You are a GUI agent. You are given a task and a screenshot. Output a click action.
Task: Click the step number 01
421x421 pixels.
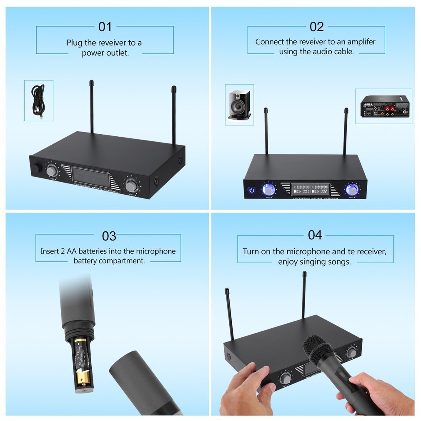tap(105, 27)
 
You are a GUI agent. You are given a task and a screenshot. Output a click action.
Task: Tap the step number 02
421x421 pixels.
tap(316, 27)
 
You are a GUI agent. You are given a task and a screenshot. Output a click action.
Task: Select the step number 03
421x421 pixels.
tap(109, 236)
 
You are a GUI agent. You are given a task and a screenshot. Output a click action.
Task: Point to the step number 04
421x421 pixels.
tap(315, 235)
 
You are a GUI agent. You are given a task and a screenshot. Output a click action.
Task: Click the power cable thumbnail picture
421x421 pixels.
tap(39, 100)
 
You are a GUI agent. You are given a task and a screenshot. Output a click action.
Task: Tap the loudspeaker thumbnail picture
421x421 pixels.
tap(239, 105)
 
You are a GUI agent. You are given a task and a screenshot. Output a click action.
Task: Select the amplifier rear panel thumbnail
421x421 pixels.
tap(384, 106)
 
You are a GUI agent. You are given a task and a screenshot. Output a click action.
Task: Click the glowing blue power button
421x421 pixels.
tap(251, 190)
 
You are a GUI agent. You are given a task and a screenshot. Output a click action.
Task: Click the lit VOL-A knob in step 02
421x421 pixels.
tap(268, 190)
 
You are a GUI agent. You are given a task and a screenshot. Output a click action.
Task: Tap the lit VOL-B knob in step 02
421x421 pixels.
tap(352, 190)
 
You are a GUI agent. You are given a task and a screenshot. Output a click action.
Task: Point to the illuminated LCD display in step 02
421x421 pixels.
tap(310, 189)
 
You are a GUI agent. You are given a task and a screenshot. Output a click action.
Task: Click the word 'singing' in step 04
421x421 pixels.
tap(321, 262)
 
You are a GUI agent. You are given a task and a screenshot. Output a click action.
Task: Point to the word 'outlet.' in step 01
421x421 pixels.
tap(117, 53)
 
